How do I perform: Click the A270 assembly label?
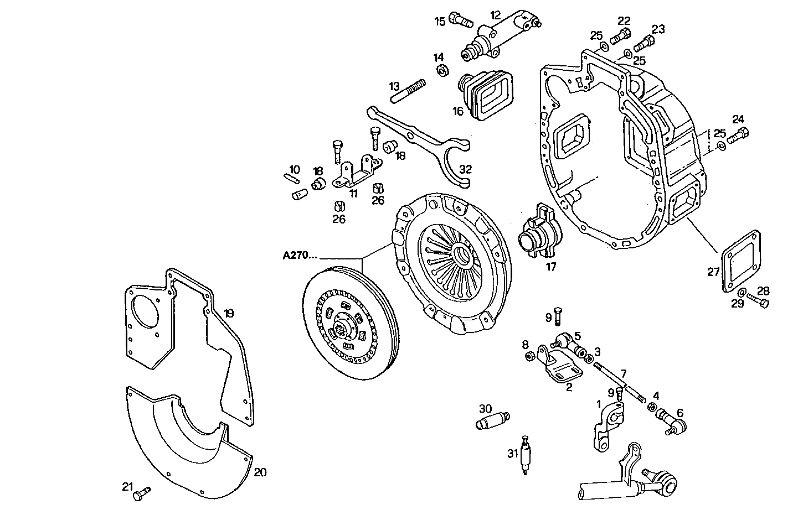coord(300,256)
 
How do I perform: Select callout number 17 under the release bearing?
coord(550,267)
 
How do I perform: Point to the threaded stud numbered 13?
coord(410,91)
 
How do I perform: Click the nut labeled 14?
coord(442,70)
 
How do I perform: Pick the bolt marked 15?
coord(459,20)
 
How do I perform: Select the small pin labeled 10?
coord(292,178)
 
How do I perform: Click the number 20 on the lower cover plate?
coord(260,472)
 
